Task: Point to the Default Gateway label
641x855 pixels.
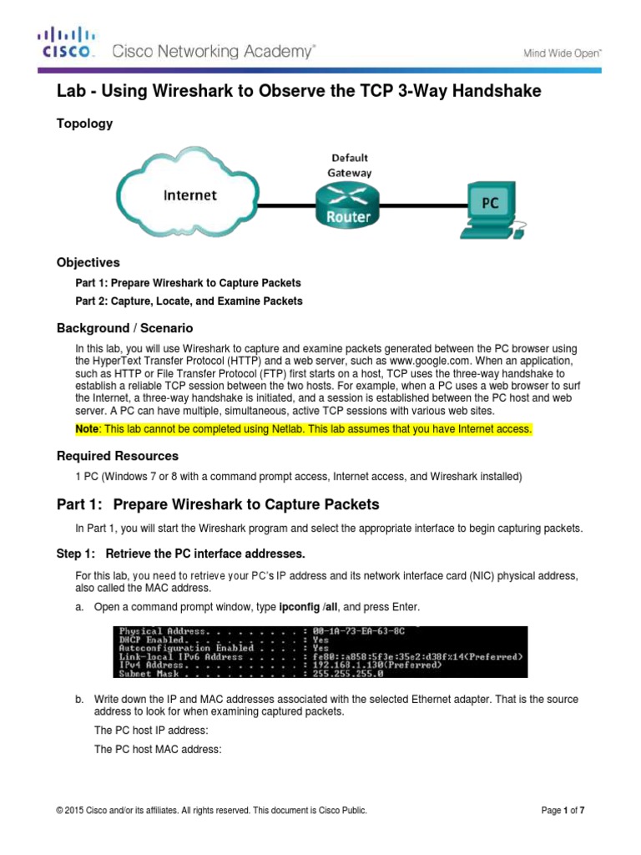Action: click(349, 164)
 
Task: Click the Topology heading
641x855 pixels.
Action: click(84, 124)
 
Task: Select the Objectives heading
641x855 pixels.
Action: click(88, 262)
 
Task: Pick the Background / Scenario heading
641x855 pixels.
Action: click(124, 328)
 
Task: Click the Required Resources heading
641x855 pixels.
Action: click(117, 456)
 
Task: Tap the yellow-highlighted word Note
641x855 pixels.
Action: click(88, 429)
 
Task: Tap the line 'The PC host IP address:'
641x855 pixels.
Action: click(147, 730)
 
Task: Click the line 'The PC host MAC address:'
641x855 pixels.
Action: click(158, 750)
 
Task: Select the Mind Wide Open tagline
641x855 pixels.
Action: click(562, 52)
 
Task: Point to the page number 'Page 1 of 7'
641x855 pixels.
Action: click(568, 810)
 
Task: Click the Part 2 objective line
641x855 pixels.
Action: click(189, 301)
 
